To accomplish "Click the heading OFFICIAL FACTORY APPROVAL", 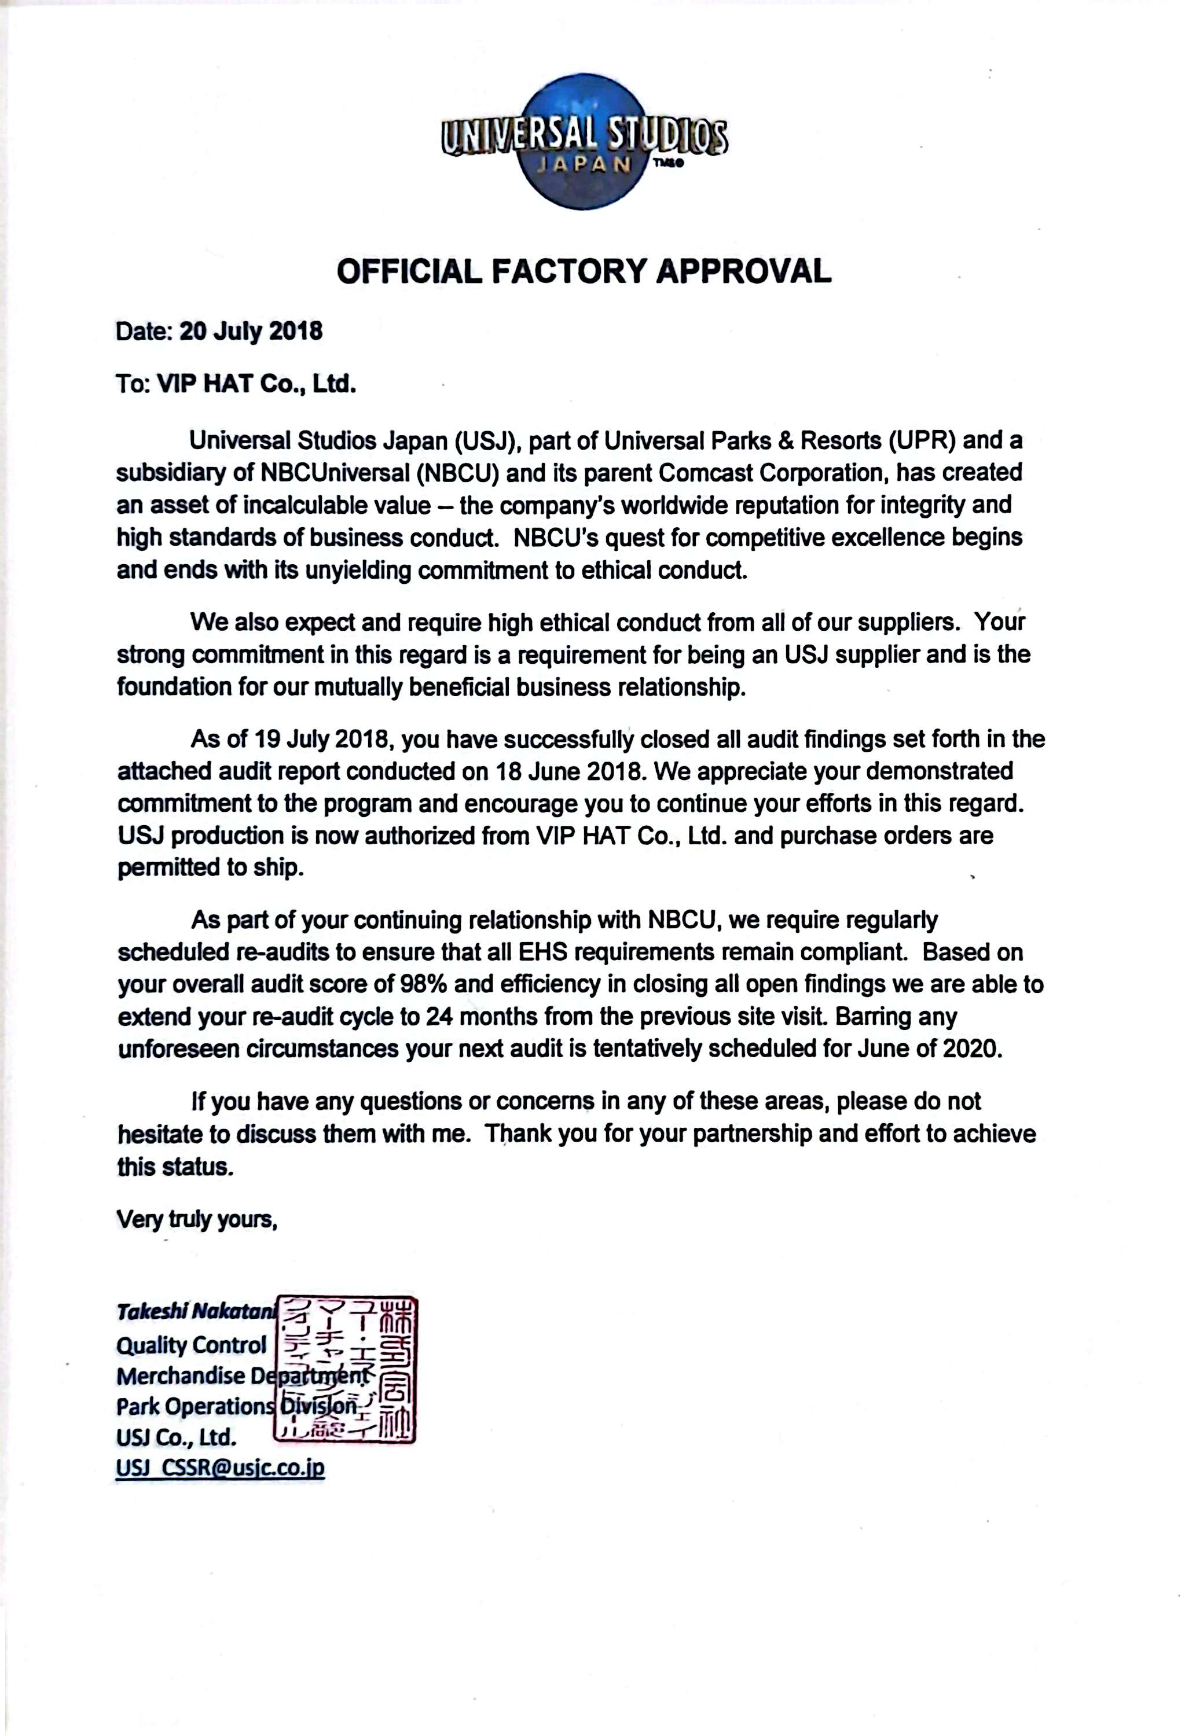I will (x=584, y=271).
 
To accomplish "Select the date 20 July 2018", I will (x=251, y=331).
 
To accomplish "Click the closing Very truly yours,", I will (x=197, y=1219).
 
